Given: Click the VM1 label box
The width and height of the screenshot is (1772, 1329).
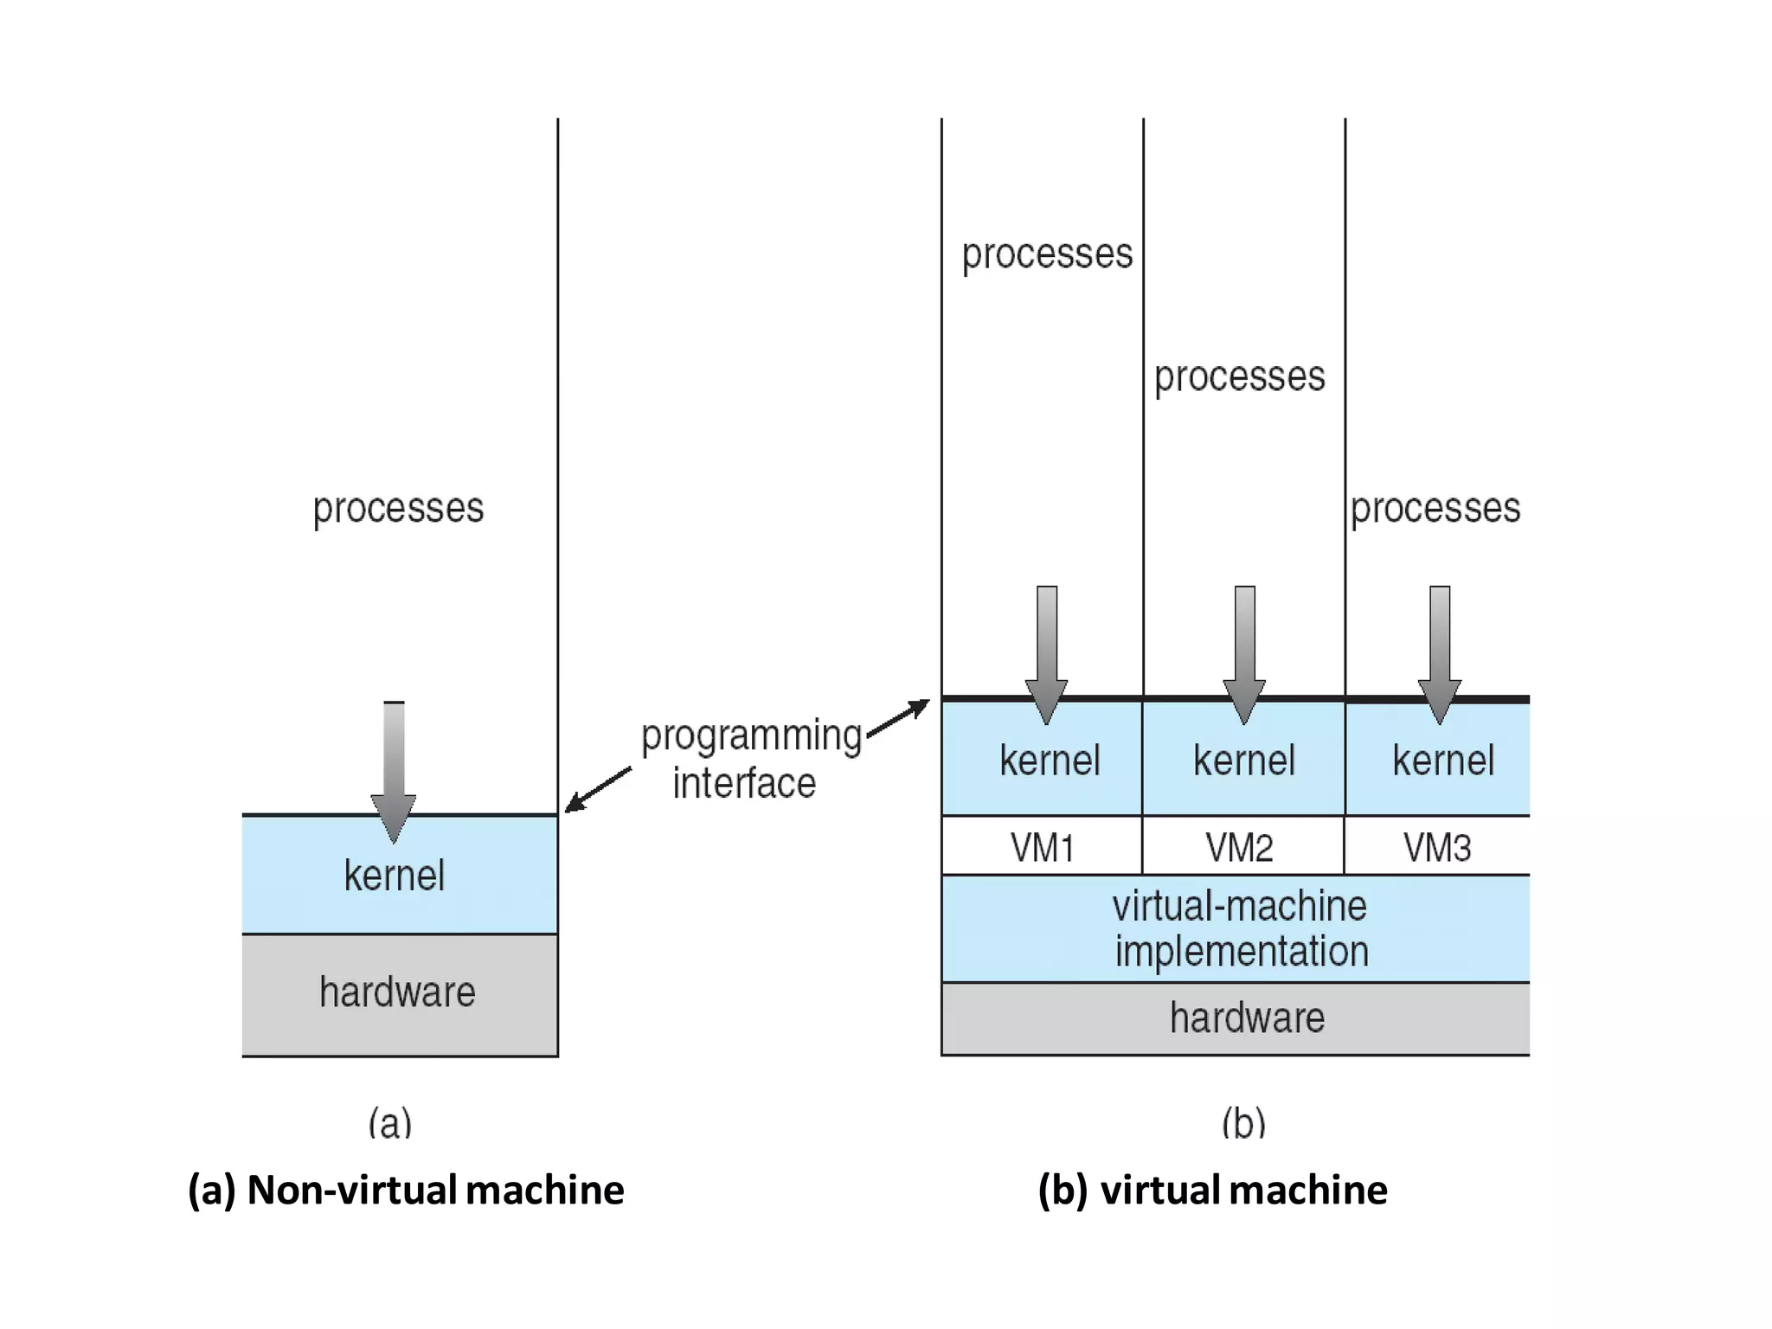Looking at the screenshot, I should point(1042,846).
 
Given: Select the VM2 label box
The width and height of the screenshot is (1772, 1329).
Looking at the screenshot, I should point(1241,846).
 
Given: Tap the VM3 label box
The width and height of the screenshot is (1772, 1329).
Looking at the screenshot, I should point(1437,846).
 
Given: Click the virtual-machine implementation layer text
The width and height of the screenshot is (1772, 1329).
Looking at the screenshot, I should point(1240,928).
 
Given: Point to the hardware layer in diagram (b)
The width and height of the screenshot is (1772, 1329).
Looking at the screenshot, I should point(1247,1018).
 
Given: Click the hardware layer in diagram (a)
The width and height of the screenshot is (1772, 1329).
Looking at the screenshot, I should point(398,992).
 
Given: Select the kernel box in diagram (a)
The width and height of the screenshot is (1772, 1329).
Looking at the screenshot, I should point(395,876).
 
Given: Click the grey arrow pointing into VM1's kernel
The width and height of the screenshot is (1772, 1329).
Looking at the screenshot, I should point(1047,653).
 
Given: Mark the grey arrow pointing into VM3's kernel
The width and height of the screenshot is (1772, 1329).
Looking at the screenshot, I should point(1440,653).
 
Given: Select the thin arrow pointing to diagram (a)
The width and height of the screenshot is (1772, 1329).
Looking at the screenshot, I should point(599,789).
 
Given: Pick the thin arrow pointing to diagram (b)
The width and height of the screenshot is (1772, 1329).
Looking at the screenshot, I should point(898,719).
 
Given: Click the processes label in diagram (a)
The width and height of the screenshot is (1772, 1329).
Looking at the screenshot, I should point(398,508).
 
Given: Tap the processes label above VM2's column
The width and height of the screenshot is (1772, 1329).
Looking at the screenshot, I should point(1239,376).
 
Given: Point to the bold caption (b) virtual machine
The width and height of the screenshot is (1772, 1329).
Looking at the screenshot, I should point(1212,1190).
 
